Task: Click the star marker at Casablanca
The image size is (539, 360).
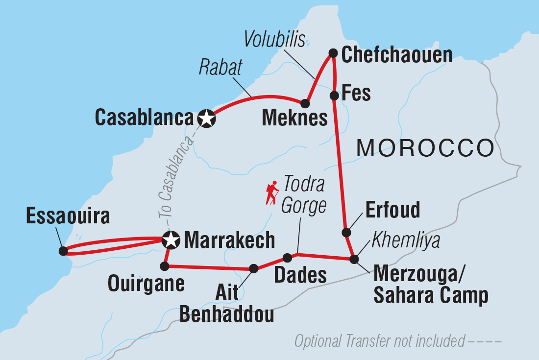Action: tap(207, 118)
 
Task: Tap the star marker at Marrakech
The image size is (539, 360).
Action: tap(170, 240)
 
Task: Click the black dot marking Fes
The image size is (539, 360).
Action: tap(334, 95)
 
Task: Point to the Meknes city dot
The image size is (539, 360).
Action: tap(305, 104)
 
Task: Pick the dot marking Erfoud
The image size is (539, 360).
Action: tap(346, 232)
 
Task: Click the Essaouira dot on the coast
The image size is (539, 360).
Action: tap(63, 251)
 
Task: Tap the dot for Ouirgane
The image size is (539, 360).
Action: tap(165, 266)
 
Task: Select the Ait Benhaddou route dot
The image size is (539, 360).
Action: tap(253, 268)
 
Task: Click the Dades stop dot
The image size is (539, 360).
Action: tap(288, 258)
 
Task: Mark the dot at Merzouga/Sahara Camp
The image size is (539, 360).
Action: tap(354, 259)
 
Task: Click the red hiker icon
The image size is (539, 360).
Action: tap(272, 193)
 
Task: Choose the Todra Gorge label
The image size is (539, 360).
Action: tap(303, 195)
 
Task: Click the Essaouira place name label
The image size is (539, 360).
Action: tap(68, 216)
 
